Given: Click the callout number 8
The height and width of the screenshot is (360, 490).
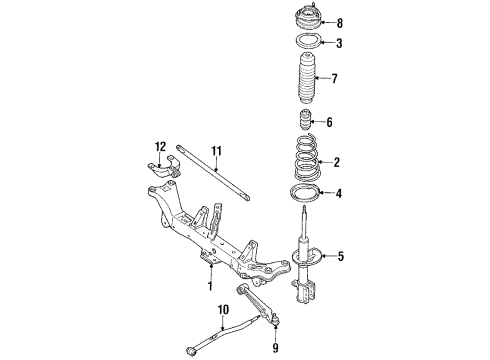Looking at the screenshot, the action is (339, 23).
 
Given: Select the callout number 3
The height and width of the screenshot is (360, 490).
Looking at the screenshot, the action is (339, 43).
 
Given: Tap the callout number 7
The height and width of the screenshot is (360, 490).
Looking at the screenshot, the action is (334, 79).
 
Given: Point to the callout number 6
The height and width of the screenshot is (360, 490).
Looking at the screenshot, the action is (329, 122).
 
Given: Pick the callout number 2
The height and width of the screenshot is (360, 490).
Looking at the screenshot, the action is (336, 162).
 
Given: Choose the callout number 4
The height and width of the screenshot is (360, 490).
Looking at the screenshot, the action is (339, 193).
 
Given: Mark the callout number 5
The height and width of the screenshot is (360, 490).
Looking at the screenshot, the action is (340, 256).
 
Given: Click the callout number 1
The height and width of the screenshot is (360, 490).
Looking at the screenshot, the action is (210, 286).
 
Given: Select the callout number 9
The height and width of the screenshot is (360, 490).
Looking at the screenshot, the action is (275, 348).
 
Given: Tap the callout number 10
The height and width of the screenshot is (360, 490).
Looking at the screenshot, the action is (223, 310).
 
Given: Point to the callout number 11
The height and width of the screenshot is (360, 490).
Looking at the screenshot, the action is (216, 151).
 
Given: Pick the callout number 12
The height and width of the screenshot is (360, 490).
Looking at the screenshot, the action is (160, 146).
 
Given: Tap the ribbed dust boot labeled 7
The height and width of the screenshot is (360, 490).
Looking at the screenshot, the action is (307, 78).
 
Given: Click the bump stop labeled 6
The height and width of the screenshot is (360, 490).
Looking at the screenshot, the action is (304, 120).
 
